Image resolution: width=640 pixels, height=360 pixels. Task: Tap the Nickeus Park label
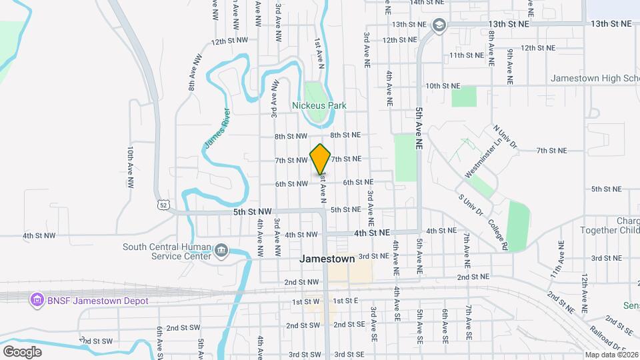coord(319,105)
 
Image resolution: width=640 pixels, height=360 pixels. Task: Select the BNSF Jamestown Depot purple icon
coord(37,300)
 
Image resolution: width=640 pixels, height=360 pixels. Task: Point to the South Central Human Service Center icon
coord(221,251)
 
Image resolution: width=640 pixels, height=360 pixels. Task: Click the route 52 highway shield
coord(163,205)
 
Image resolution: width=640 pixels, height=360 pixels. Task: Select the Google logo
coord(22,351)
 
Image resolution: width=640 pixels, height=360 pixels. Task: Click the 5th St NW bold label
coord(253,211)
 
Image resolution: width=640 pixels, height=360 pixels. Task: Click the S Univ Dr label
coord(470,205)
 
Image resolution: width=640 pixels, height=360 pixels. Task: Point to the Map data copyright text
coord(611,355)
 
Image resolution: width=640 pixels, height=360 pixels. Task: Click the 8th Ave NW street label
coord(194,73)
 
